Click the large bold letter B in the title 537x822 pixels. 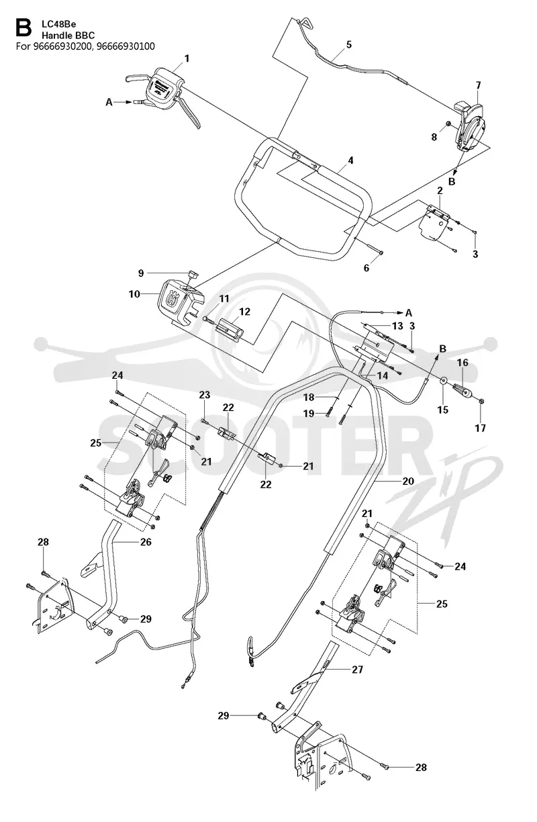coord(23,28)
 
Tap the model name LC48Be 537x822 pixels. coord(58,24)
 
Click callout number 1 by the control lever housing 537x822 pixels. coord(187,58)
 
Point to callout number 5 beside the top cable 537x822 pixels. coord(348,44)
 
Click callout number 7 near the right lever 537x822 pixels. coord(478,85)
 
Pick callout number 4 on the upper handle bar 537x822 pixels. coord(350,161)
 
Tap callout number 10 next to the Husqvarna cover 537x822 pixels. coord(134,294)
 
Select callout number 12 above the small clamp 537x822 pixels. coord(244,312)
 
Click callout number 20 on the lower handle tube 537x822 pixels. coord(408,481)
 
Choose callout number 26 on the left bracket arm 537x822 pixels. coord(146,542)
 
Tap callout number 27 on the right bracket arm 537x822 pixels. coord(358,670)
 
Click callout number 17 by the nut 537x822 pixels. coord(480,428)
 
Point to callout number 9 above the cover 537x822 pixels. coord(141,273)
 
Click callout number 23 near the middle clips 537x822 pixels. coord(205,395)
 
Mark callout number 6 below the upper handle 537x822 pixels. coord(367,268)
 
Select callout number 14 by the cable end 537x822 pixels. coord(382,375)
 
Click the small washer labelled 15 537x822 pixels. coord(444,380)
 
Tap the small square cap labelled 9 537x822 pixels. coord(193,274)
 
